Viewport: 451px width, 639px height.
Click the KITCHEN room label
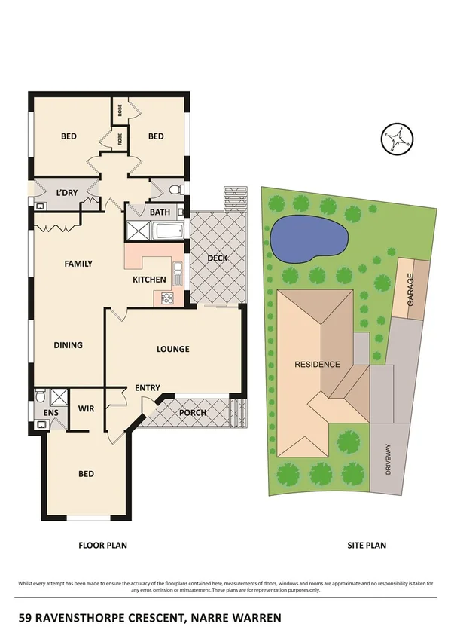pos(149,280)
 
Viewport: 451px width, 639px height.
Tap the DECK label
pos(217,258)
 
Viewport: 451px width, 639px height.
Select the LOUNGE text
pos(172,349)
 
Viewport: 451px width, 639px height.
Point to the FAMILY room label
pos(78,264)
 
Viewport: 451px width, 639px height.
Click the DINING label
pos(68,345)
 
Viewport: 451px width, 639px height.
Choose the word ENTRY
pos(148,388)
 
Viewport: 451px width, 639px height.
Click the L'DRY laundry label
pos(68,193)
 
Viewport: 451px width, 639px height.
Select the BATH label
pos(160,212)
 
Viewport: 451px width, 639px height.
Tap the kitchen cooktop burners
pos(166,297)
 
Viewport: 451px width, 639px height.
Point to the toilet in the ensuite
pos(41,396)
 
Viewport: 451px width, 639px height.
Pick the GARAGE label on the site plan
pos(410,289)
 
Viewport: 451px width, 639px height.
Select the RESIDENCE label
pos(317,364)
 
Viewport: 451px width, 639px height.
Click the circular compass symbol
pos(398,139)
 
